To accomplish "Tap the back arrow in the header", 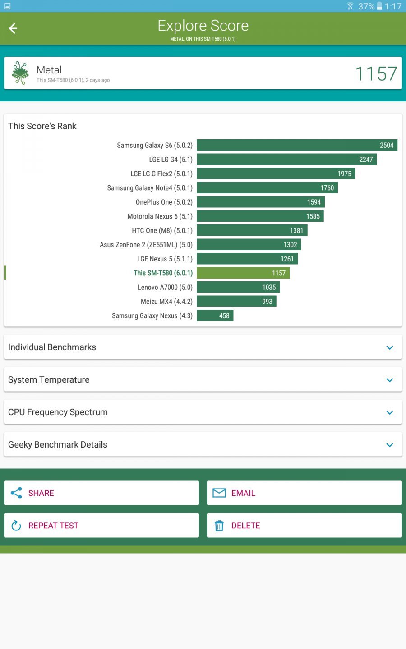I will coord(13,28).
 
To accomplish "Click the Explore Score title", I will coord(203,26).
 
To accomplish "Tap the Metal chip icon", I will coord(20,73).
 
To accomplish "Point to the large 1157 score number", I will coord(376,74).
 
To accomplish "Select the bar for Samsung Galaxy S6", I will coord(297,145).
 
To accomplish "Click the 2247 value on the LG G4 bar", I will coord(366,160).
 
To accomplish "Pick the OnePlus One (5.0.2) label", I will coord(164,202).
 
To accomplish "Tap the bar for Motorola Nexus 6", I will coord(260,216).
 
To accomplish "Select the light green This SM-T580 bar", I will coord(243,273).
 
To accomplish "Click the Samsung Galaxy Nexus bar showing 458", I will coord(215,315).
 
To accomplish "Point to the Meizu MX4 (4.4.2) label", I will coord(166,302).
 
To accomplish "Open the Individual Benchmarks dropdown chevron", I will coord(390,347).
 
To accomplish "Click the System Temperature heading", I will coord(49,380).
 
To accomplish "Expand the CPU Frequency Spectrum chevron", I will coord(390,412).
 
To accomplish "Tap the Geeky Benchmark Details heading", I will coord(58,445).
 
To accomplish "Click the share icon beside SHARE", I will coord(16,493).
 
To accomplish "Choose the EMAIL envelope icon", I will coord(219,493).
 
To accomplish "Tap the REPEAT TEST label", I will coord(53,526).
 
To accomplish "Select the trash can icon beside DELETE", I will coord(219,526).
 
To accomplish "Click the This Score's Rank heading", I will coord(42,126).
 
